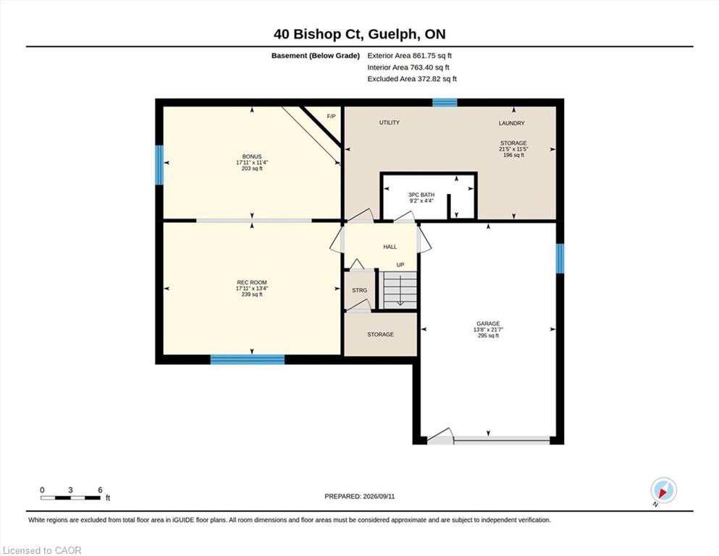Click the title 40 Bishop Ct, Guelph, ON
pos(359,34)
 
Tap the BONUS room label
pos(252,157)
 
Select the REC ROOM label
pos(252,282)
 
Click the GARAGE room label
pos(488,324)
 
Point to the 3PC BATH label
pos(421,195)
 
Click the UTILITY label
pos(390,122)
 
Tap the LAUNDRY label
pos(512,123)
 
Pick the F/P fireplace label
pos(331,117)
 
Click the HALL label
pos(390,247)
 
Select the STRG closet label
pos(359,290)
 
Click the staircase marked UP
pos(400,290)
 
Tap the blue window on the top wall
pos(445,103)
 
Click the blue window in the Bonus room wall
pos(159,165)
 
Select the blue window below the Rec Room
pos(248,359)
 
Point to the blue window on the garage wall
pos(560,258)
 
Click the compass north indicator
pos(663,491)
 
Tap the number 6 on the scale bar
pos(100,490)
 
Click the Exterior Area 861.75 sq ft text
pos(410,56)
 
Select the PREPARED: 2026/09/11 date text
pos(359,497)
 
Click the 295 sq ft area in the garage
pos(488,335)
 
